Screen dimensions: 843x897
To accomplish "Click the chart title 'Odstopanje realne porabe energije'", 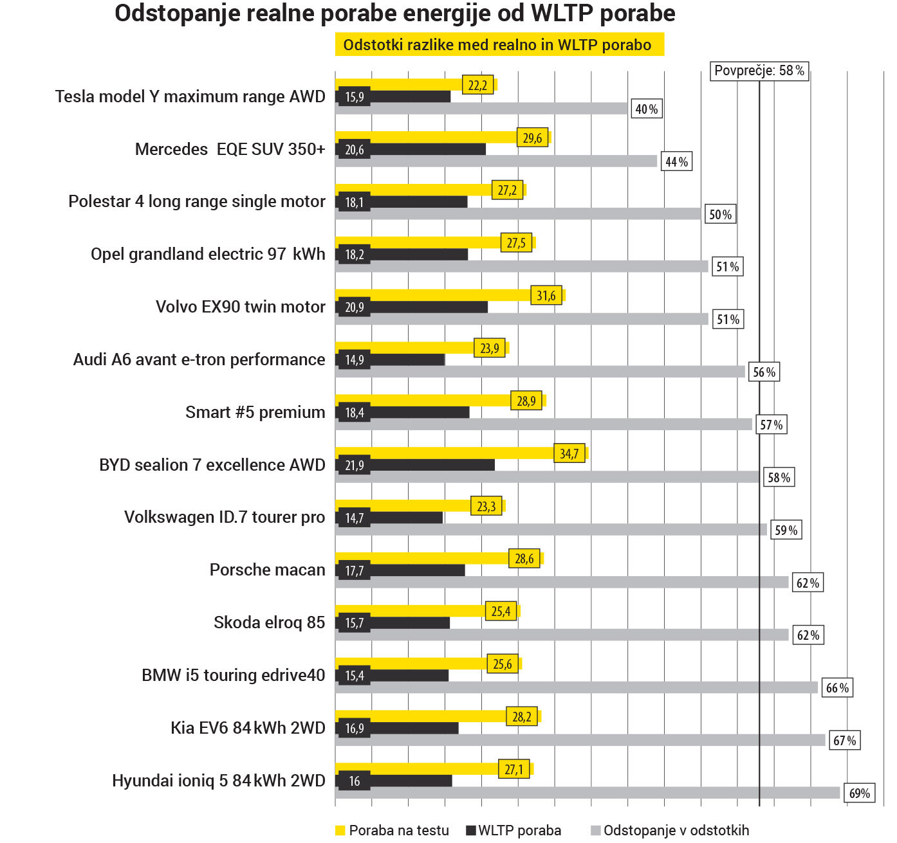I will (x=394, y=14).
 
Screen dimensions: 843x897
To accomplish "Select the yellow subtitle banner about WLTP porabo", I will (x=499, y=45).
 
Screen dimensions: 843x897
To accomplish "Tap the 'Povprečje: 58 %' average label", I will (x=759, y=71).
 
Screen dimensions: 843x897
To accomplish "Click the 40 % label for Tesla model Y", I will (x=646, y=109).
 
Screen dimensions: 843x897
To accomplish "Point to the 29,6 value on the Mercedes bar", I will (x=532, y=138).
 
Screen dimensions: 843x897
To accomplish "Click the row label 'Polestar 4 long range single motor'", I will (x=197, y=201).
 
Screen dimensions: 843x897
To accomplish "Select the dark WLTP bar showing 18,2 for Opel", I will (x=418, y=255).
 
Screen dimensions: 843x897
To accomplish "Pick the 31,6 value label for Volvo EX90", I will (x=546, y=296).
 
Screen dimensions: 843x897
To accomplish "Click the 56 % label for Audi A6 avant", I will (x=764, y=372).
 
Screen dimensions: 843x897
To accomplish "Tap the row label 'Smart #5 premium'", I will (x=255, y=412).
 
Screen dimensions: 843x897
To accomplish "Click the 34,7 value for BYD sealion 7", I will (x=569, y=454).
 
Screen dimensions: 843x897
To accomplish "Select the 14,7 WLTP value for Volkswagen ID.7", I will (x=355, y=518).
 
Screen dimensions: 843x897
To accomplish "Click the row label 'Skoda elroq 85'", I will (x=269, y=622).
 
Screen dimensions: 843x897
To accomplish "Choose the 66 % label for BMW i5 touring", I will (x=837, y=688).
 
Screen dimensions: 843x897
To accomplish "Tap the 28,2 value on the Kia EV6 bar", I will (x=522, y=717).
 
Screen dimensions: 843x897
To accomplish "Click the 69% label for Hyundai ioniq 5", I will (x=859, y=793).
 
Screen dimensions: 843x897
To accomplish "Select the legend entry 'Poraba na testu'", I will (x=398, y=830).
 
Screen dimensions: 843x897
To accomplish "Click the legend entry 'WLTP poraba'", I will (x=519, y=830).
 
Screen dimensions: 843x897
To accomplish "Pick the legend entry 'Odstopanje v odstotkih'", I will (x=675, y=830).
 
